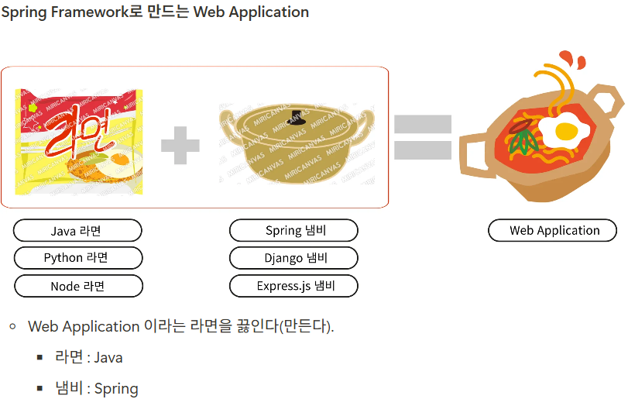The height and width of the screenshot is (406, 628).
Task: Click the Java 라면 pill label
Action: [77, 230]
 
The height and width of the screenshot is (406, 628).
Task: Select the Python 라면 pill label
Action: [78, 258]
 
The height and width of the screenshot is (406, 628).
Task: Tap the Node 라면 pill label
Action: [78, 286]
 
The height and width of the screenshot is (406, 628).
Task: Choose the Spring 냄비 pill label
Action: [293, 230]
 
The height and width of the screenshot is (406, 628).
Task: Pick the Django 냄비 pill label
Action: [293, 258]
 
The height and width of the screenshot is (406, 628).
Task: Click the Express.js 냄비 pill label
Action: [293, 286]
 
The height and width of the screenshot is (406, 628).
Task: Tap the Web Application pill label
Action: [552, 230]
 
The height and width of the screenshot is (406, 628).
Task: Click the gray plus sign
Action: [180, 146]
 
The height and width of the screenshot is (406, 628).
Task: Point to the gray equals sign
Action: [423, 137]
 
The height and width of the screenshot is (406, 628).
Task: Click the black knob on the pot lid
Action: [296, 116]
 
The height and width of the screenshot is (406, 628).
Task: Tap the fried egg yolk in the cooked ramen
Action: [566, 131]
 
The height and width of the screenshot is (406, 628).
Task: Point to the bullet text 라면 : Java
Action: [88, 356]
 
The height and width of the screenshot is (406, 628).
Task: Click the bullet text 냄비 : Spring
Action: [97, 388]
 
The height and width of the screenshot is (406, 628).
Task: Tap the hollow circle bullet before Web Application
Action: [13, 326]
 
